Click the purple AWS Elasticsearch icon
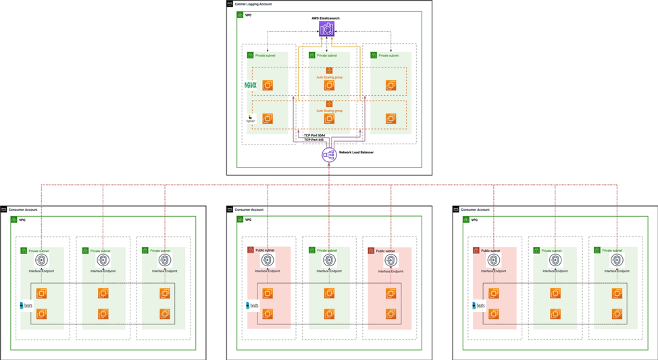point(326,29)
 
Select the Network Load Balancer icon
point(328,155)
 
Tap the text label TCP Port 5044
point(314,135)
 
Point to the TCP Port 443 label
point(314,140)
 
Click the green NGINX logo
point(251,86)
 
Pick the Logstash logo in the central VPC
point(251,118)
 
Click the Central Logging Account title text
point(253,4)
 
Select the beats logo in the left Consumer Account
point(26,305)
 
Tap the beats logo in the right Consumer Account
point(479,305)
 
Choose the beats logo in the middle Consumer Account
point(253,305)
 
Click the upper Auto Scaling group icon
point(329,70)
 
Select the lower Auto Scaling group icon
point(329,103)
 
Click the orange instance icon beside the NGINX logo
point(268,86)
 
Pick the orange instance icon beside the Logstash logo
point(268,119)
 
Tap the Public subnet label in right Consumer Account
point(491,251)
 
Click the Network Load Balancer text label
point(356,153)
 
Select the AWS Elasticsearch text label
point(326,18)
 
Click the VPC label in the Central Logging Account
point(248,15)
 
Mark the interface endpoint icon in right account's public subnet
point(494,260)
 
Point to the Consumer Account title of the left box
point(23,210)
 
